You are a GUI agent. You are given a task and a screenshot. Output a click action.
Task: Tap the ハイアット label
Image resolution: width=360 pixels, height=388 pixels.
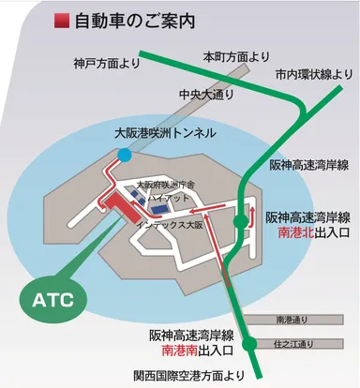click(x=172, y=199)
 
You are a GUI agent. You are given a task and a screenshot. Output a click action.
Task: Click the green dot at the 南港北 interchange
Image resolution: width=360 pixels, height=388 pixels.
click(x=242, y=220)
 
